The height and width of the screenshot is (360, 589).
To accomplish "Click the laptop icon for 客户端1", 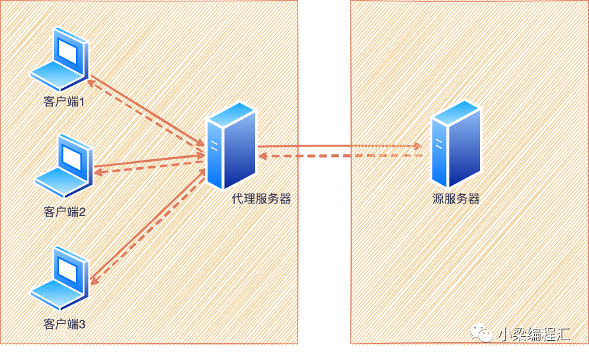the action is click(x=59, y=59).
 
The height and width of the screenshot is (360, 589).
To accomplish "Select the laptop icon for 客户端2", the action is click(x=64, y=166).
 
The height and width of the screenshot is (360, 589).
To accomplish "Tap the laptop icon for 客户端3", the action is click(x=59, y=278).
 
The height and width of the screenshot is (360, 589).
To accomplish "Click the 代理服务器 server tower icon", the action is click(x=232, y=146).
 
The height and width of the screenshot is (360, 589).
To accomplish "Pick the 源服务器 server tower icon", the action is click(x=456, y=143).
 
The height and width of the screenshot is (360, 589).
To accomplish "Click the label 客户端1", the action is click(x=64, y=102).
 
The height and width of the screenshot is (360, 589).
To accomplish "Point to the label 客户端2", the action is click(x=65, y=212).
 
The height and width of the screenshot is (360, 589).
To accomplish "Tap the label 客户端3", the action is click(x=65, y=324).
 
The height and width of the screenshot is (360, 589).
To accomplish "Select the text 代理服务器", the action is click(x=261, y=199).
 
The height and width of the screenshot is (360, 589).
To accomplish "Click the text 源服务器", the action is click(x=456, y=199).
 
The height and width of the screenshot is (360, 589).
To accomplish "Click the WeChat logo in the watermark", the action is click(x=481, y=333).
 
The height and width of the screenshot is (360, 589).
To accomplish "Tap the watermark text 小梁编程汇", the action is click(x=533, y=334).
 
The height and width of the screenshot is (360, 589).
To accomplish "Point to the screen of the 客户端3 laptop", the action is click(x=68, y=271).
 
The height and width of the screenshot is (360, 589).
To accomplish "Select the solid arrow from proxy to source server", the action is click(x=340, y=146).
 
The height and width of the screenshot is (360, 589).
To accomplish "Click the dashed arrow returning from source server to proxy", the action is click(x=340, y=155).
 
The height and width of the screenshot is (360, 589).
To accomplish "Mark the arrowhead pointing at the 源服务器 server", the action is click(x=417, y=146).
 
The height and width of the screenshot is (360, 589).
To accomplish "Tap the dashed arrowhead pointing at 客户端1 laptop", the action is click(x=91, y=83).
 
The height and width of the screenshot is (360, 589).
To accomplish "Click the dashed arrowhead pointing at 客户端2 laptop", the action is click(x=98, y=172).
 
